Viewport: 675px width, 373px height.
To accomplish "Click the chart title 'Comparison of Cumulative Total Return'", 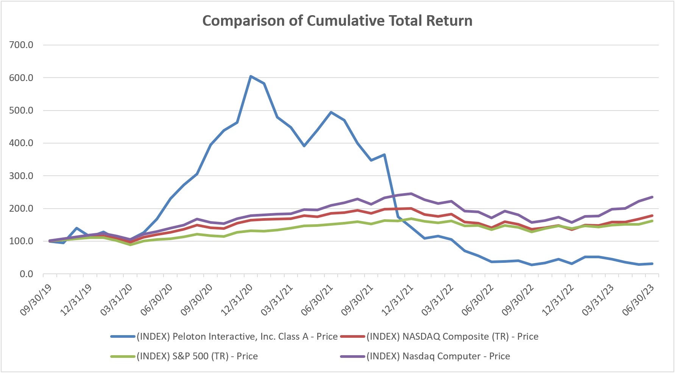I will pyautogui.click(x=337, y=21).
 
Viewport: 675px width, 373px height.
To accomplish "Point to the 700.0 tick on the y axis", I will pyautogui.click(x=21, y=45).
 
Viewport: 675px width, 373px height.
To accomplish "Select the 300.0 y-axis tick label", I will pyautogui.click(x=21, y=176).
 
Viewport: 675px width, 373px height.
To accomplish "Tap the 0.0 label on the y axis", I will pyautogui.click(x=26, y=274).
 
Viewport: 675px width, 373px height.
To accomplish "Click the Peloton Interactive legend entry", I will pyautogui.click(x=237, y=337).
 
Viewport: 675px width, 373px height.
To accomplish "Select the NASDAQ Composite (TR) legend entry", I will pyautogui.click(x=452, y=337).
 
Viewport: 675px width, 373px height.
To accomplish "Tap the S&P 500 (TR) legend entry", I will pyautogui.click(x=197, y=356).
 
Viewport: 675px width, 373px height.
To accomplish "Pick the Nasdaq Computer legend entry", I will pyautogui.click(x=438, y=356).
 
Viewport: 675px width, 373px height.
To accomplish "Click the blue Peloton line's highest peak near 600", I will pyautogui.click(x=251, y=76).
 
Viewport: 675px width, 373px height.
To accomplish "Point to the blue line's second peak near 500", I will pyautogui.click(x=331, y=112).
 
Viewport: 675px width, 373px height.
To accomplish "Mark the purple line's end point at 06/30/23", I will pyautogui.click(x=652, y=197).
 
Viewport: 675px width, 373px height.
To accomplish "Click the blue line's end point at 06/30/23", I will pyautogui.click(x=652, y=264).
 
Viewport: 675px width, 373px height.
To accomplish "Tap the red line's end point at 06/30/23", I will pyautogui.click(x=652, y=215).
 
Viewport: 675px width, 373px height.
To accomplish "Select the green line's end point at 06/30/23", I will pyautogui.click(x=652, y=221).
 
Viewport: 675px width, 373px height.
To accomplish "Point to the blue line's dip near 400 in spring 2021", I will pyautogui.click(x=304, y=146).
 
